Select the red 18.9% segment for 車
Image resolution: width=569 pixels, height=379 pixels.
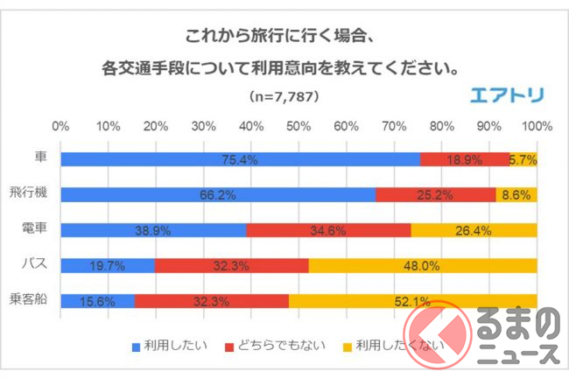[465, 159]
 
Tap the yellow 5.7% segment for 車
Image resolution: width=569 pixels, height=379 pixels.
[523, 159]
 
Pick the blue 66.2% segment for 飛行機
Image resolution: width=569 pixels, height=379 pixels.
[218, 195]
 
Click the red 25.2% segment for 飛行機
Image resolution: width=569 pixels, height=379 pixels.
[436, 195]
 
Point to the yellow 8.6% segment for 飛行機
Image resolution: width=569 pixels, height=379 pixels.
[516, 195]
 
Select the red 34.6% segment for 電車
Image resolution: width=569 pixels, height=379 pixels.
[328, 230]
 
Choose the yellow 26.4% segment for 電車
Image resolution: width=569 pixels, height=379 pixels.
[474, 230]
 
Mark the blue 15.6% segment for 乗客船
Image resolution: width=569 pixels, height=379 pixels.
[98, 300]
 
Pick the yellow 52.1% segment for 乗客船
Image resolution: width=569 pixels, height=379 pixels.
[412, 300]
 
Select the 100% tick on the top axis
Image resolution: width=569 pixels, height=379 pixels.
[535, 127]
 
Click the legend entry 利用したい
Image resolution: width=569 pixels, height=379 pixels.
[170, 345]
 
